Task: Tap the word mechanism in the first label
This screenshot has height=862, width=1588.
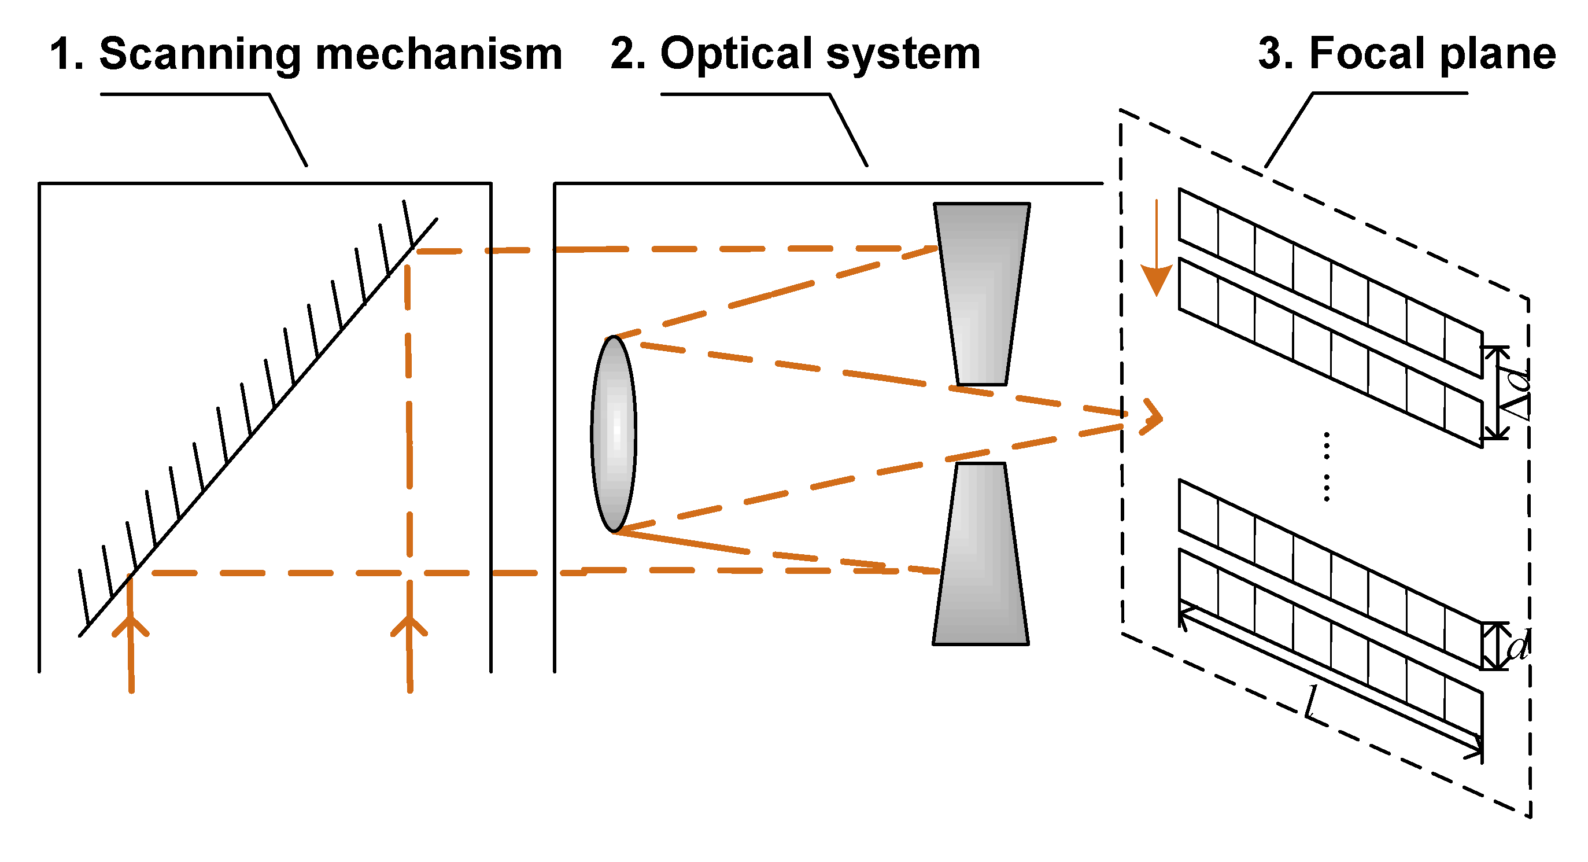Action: (x=438, y=54)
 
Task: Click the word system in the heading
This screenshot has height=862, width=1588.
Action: (x=903, y=54)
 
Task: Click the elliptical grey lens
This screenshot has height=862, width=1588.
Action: (x=614, y=434)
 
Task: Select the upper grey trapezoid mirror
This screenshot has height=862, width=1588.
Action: (x=981, y=293)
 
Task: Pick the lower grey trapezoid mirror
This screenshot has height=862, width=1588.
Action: (x=980, y=555)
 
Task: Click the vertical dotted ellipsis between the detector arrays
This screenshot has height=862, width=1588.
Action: (x=1327, y=467)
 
